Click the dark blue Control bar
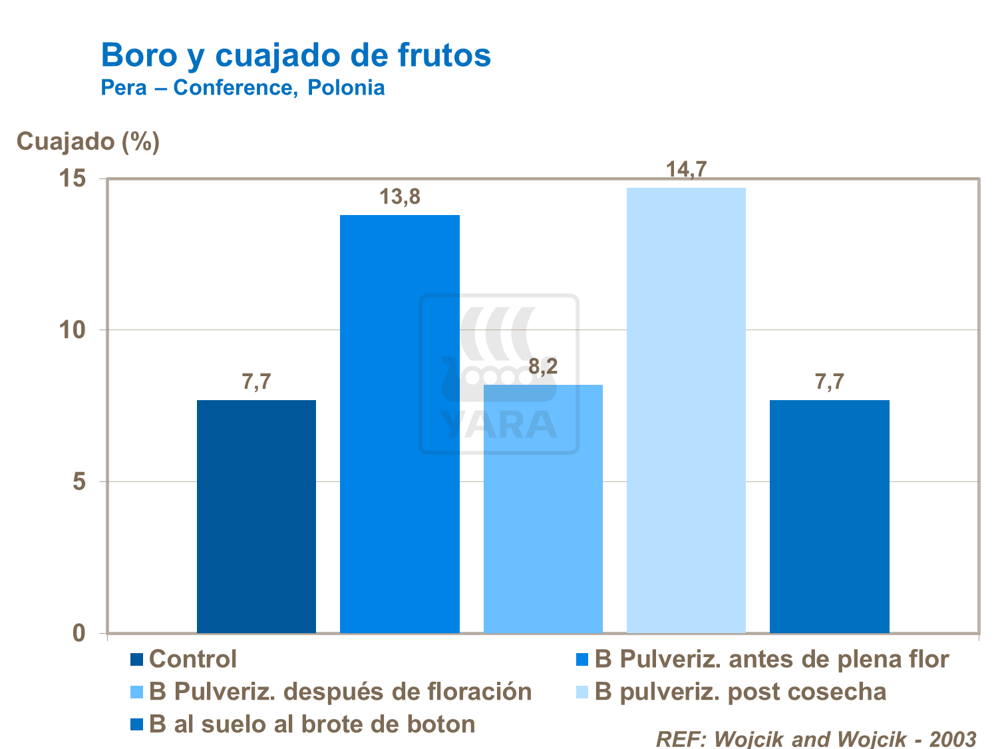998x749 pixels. tap(256, 516)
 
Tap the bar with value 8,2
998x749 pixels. tap(543, 509)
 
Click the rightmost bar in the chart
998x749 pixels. tap(829, 516)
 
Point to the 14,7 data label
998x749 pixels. tap(686, 170)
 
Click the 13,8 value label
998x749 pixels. tap(400, 197)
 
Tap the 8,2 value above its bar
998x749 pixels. tap(543, 366)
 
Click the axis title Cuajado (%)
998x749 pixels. tap(88, 141)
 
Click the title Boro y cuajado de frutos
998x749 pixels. tap(296, 55)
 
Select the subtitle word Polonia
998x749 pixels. tap(346, 88)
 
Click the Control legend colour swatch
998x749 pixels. tap(136, 660)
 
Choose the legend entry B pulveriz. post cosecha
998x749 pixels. tap(740, 692)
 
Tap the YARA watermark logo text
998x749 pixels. tap(499, 425)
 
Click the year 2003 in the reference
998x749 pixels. tap(952, 738)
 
